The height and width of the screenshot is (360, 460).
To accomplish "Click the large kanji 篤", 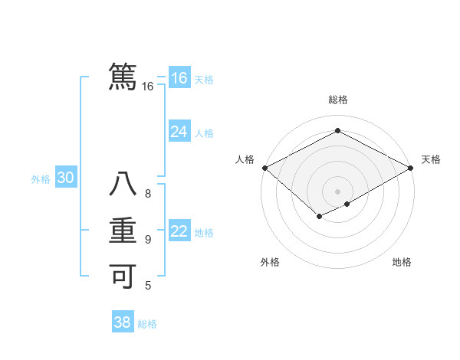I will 123,75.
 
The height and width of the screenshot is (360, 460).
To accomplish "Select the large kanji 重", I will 123,231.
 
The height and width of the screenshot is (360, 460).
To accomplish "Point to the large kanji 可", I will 123,274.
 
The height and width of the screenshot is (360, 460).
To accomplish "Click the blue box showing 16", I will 179,78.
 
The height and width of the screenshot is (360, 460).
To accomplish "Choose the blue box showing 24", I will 179,132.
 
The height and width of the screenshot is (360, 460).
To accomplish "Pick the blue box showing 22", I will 179,231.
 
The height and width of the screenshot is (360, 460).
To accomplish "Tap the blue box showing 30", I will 65,178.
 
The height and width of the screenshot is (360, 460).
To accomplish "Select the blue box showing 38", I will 122,322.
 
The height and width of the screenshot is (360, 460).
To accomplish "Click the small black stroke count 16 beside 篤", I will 148,87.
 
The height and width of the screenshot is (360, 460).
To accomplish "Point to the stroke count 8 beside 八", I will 148,194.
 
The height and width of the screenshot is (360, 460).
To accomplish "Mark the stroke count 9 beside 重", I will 148,240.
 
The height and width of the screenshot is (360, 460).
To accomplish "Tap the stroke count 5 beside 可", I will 148,286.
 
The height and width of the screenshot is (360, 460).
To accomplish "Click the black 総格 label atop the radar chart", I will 337,100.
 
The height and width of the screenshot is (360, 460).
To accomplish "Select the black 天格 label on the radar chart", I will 431,159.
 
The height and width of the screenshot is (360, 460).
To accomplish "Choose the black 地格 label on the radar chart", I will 402,262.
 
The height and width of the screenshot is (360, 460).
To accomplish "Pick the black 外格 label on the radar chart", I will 270,262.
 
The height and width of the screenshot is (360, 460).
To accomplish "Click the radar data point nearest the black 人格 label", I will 264,168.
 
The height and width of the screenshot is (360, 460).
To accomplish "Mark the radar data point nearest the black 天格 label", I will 412,168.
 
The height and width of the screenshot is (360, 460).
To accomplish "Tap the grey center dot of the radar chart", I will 337,191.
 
